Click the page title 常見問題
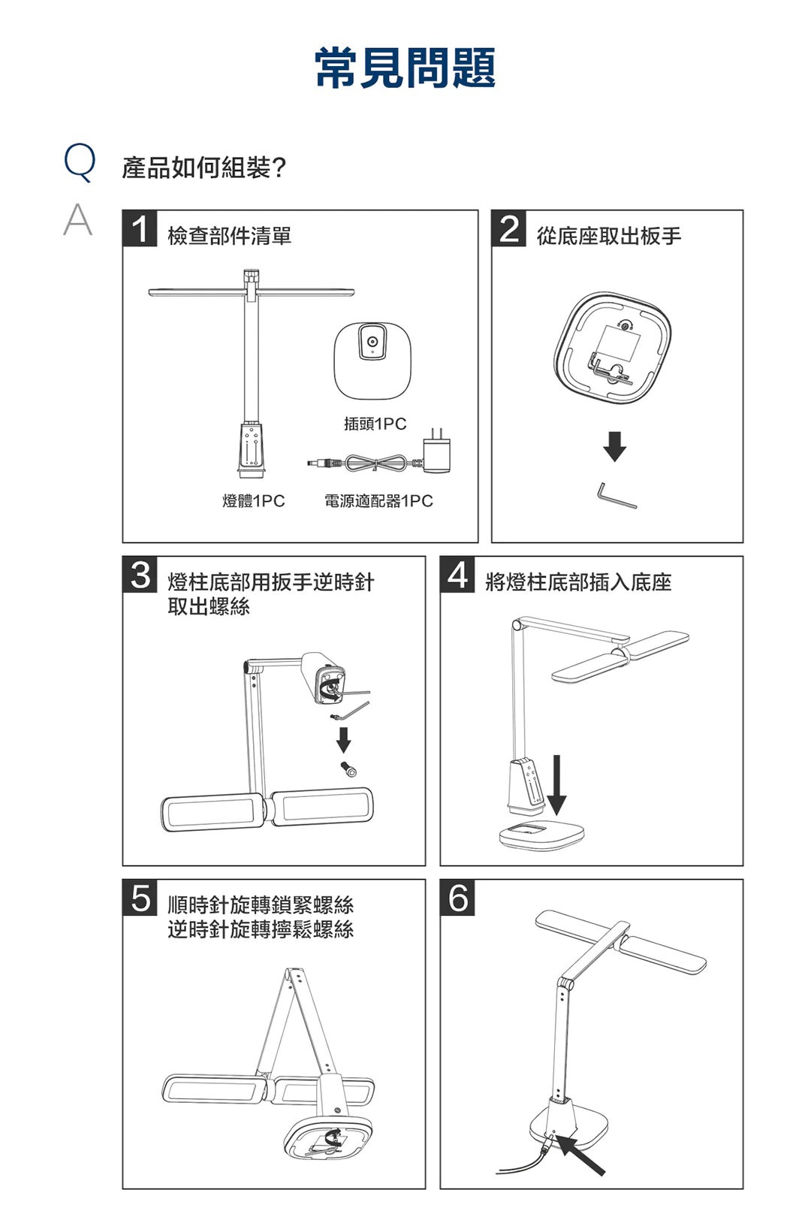405,68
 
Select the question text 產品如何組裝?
204,167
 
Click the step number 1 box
140,228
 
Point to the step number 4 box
457,575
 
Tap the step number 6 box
457,898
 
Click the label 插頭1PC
375,424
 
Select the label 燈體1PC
254,500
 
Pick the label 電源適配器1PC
378,500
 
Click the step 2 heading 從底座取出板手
609,236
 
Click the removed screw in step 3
348,769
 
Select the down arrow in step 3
343,739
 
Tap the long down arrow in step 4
556,784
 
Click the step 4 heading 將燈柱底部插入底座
578,582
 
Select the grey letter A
78,219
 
